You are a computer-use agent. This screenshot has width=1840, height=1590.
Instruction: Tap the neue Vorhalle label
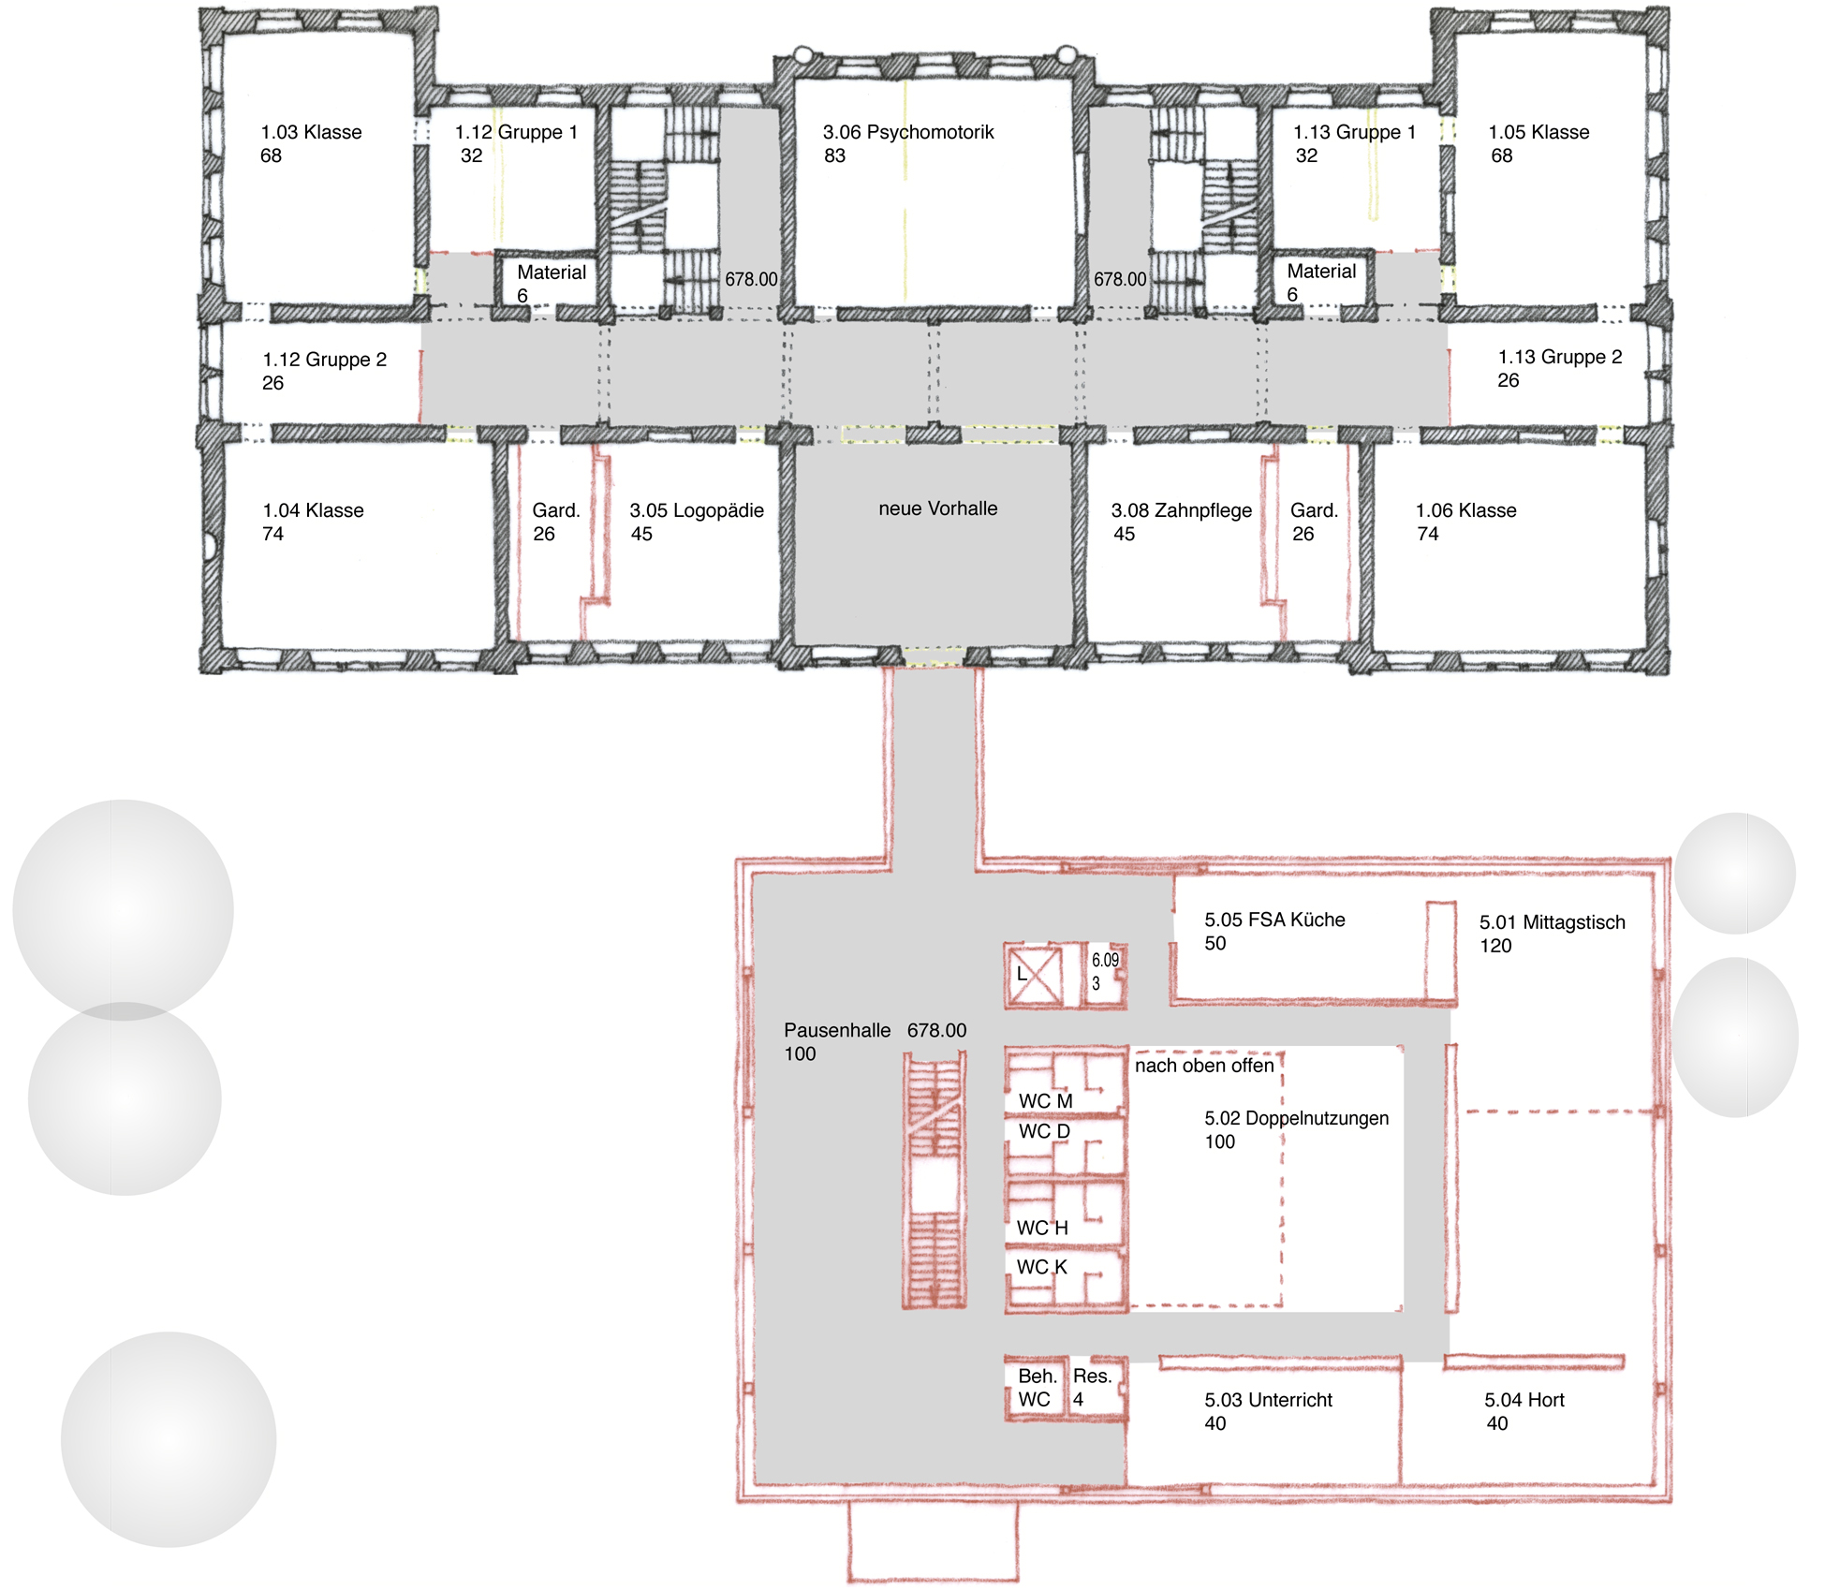point(937,508)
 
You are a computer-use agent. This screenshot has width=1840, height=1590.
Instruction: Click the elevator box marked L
point(1034,975)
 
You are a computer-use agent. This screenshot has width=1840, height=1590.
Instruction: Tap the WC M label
point(1045,1101)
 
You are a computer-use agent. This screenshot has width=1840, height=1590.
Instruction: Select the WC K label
point(1041,1267)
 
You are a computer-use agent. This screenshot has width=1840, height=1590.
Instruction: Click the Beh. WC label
point(1037,1388)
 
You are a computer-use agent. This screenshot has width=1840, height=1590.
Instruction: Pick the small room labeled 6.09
point(1104,975)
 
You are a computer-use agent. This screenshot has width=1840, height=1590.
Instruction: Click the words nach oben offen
point(1204,1066)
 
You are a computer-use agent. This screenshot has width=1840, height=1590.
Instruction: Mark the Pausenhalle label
point(837,1030)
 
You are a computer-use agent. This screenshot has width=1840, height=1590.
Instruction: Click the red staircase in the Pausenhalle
point(935,1180)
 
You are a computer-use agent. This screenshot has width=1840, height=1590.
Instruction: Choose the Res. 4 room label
point(1092,1388)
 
